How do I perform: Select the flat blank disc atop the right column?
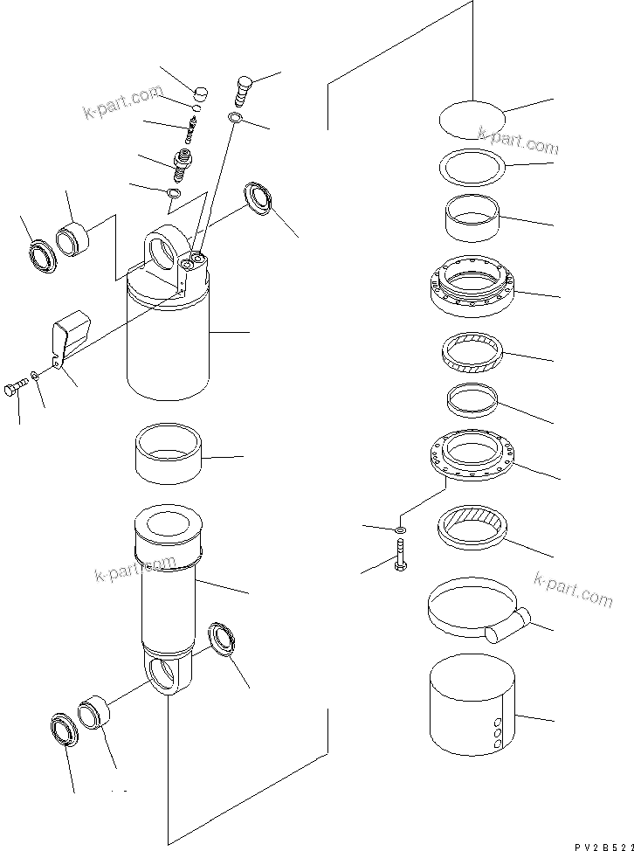click(x=471, y=120)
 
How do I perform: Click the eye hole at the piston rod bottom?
click(x=167, y=676)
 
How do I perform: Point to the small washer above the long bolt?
click(x=399, y=529)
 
